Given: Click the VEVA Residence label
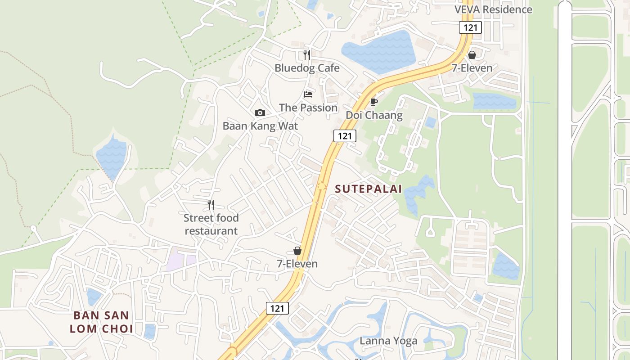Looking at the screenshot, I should [x=493, y=9].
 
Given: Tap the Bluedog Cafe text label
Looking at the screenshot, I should [x=307, y=68].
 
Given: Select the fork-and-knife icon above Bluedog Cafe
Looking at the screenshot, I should [x=307, y=55].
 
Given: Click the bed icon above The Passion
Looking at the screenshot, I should [x=308, y=94].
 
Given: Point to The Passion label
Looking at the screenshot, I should [x=308, y=108].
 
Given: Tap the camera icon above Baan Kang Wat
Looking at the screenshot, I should [x=260, y=113].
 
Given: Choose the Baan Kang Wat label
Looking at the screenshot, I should [x=260, y=126].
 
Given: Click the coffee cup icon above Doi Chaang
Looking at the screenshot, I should [x=373, y=102].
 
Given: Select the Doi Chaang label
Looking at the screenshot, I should [x=374, y=115].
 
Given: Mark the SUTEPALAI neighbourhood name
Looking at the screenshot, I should [x=369, y=189].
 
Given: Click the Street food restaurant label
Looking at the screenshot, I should [x=211, y=225].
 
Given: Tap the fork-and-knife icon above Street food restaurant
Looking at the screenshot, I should [x=211, y=205].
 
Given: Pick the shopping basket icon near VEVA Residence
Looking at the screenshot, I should [x=472, y=55].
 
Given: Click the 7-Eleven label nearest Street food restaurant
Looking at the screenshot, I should [x=297, y=264].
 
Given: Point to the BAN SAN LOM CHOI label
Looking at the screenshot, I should [x=101, y=322].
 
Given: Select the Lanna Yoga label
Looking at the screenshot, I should [x=388, y=341].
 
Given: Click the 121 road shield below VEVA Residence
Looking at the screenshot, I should [x=470, y=27].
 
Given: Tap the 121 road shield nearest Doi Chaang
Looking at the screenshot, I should [x=345, y=136].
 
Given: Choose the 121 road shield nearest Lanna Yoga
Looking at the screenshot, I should [x=277, y=308].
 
